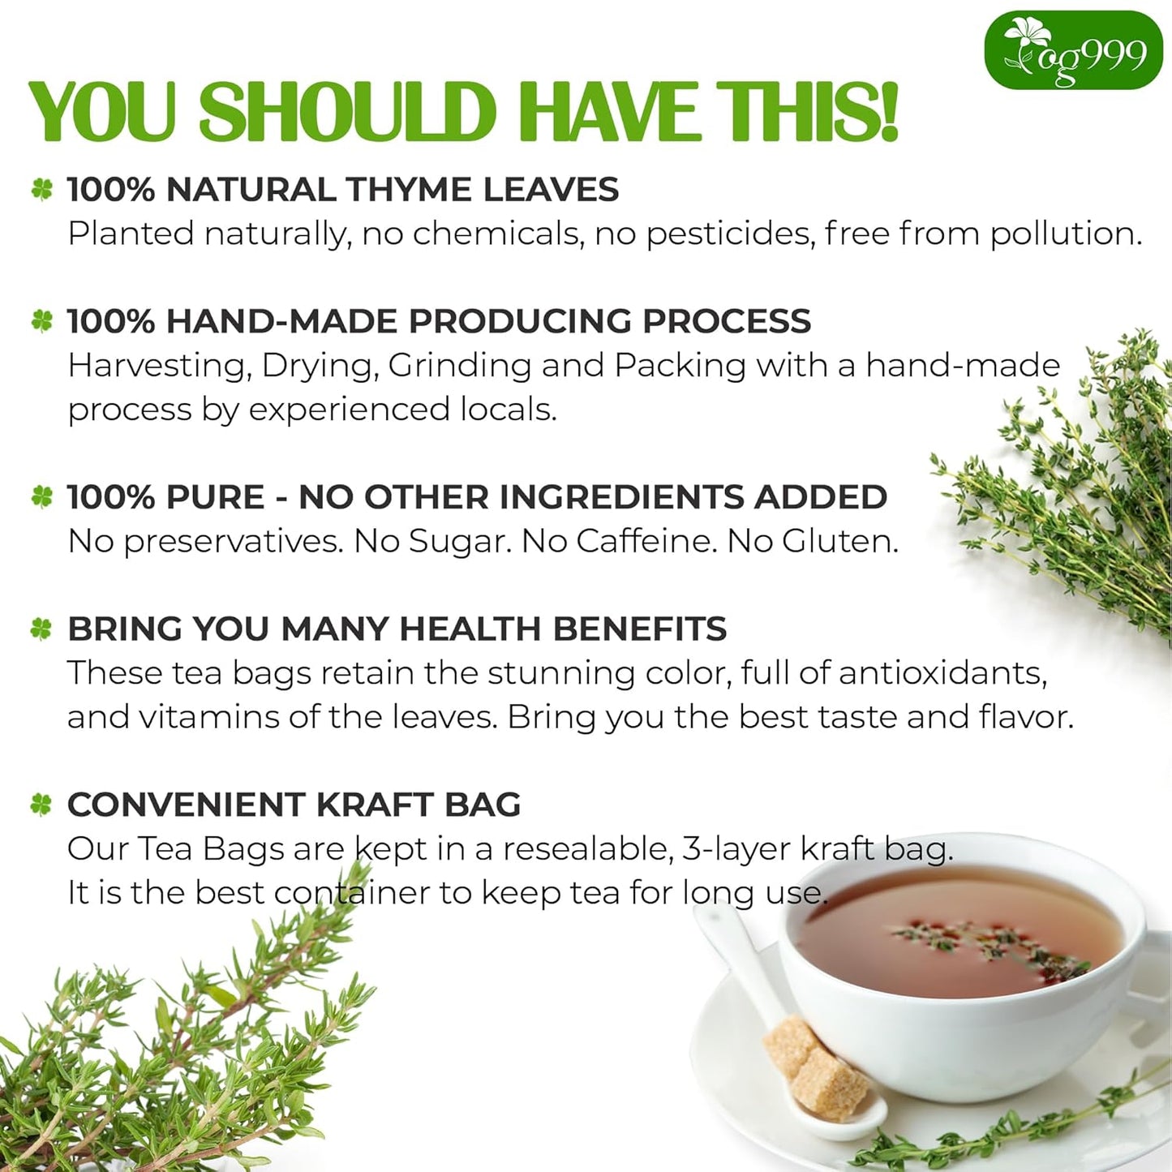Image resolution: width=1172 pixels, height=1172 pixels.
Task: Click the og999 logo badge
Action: point(1073,50)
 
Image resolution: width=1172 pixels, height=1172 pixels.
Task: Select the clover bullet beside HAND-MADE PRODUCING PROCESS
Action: point(42,321)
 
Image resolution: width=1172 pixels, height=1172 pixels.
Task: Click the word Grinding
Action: point(459,366)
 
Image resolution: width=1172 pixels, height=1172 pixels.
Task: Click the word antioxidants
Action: point(942,673)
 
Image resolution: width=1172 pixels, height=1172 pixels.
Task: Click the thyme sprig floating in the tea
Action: point(990,945)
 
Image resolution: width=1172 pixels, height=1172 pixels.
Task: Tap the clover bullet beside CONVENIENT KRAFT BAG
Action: point(41,805)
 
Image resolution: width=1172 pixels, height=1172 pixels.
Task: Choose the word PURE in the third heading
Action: point(215,497)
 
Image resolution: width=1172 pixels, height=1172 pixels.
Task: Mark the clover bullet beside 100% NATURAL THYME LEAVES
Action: point(42,190)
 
